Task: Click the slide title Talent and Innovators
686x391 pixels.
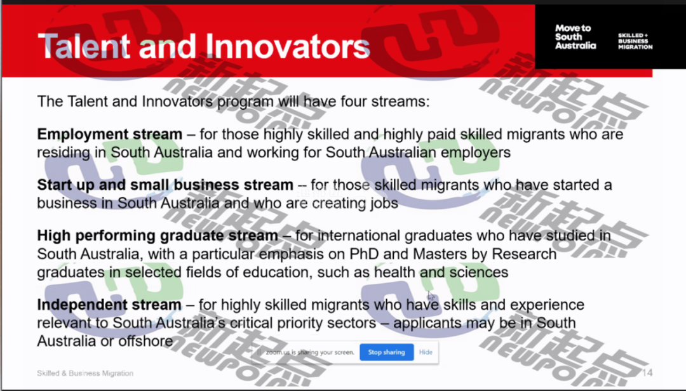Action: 204,46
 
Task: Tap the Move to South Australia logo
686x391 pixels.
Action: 575,37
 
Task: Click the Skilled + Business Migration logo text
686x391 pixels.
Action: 635,41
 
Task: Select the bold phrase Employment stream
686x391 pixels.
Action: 109,134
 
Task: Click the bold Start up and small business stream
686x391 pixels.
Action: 165,185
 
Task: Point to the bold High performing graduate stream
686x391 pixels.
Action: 158,235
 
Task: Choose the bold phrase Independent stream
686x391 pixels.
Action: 109,305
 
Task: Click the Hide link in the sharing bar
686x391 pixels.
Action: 426,352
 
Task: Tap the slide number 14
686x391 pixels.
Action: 647,373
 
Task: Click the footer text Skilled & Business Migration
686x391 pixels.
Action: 85,373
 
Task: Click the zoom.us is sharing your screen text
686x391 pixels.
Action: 310,352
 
